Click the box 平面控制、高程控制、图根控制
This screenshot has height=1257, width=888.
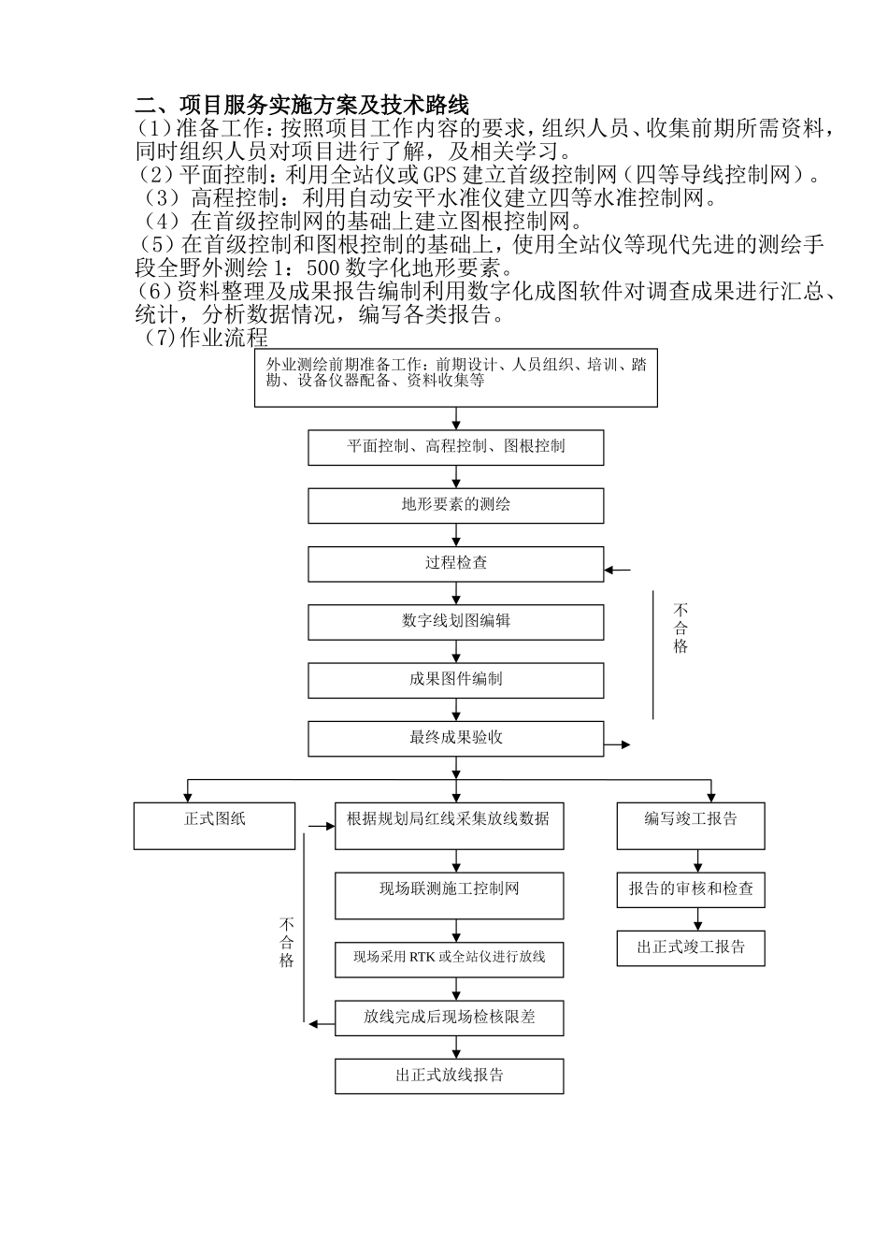coord(456,447)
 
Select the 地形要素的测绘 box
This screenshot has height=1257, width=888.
coord(456,505)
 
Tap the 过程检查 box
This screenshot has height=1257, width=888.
coord(456,564)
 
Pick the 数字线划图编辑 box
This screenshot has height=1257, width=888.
coord(456,622)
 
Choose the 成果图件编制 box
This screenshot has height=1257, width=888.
coord(456,680)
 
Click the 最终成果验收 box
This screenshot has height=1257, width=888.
coord(456,739)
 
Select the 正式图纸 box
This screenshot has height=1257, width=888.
coord(214,825)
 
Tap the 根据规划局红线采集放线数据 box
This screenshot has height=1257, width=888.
coord(449,825)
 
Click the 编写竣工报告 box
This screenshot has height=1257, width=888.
coord(691,825)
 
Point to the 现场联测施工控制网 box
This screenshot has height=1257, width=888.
coord(449,895)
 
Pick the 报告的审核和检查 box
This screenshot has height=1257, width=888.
coord(691,889)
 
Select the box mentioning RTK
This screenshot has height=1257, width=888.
coord(449,959)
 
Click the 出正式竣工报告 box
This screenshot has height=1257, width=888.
coord(691,947)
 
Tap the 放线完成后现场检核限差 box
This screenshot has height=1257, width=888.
coord(449,1017)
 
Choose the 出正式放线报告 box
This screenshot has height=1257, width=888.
coord(449,1076)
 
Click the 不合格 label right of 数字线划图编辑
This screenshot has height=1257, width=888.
coord(680,628)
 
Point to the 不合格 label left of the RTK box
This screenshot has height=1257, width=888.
coord(287,942)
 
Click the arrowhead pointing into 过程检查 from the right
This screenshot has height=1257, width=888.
coord(610,570)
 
